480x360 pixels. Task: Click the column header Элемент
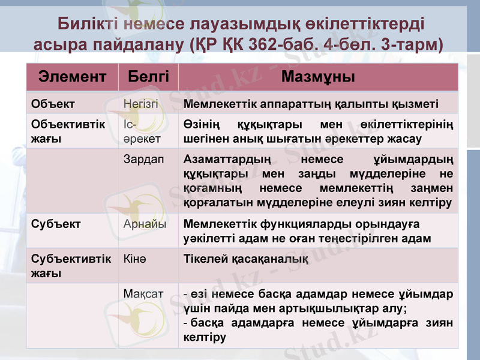tap(73, 77)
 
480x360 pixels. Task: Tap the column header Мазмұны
tap(318, 77)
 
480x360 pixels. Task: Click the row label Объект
tap(53, 103)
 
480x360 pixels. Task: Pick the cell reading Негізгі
tap(140, 103)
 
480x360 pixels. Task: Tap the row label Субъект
tap(56, 224)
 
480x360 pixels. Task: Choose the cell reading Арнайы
tap(144, 224)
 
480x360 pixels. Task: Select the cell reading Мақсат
tap(143, 295)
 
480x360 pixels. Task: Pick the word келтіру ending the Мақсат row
tap(205, 337)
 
